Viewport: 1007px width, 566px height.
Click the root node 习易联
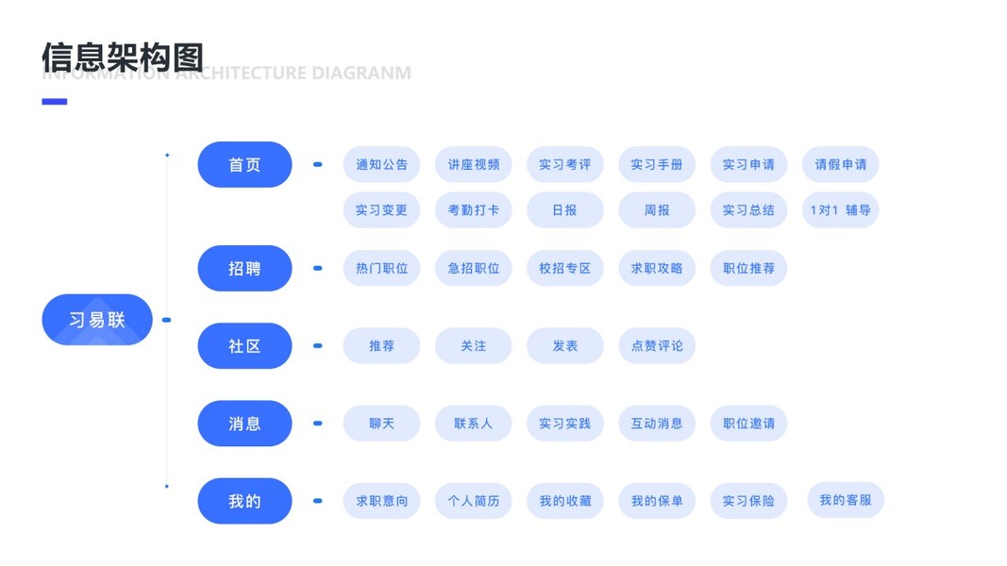97,320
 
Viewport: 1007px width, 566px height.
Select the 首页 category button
244,164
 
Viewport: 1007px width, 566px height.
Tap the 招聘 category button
244,269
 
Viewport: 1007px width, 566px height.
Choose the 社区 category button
244,346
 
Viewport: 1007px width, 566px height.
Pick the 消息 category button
244,424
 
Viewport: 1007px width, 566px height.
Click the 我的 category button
244,501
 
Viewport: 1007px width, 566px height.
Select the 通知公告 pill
381,164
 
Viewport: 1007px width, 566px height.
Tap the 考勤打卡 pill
473,210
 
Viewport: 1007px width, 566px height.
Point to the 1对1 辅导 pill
840,210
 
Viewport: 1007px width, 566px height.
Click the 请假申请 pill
840,164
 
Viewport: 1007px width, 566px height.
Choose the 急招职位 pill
473,269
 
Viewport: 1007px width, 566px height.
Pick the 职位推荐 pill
748,269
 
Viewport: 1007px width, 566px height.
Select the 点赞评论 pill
657,346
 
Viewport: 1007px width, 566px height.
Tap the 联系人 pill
473,424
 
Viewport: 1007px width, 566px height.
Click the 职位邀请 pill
748,424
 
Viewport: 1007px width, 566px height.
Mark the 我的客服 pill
846,500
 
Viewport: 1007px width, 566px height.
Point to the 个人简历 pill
473,501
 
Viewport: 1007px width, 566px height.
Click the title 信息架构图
123,57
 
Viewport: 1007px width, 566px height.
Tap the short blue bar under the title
55,102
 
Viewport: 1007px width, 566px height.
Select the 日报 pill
564,210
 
